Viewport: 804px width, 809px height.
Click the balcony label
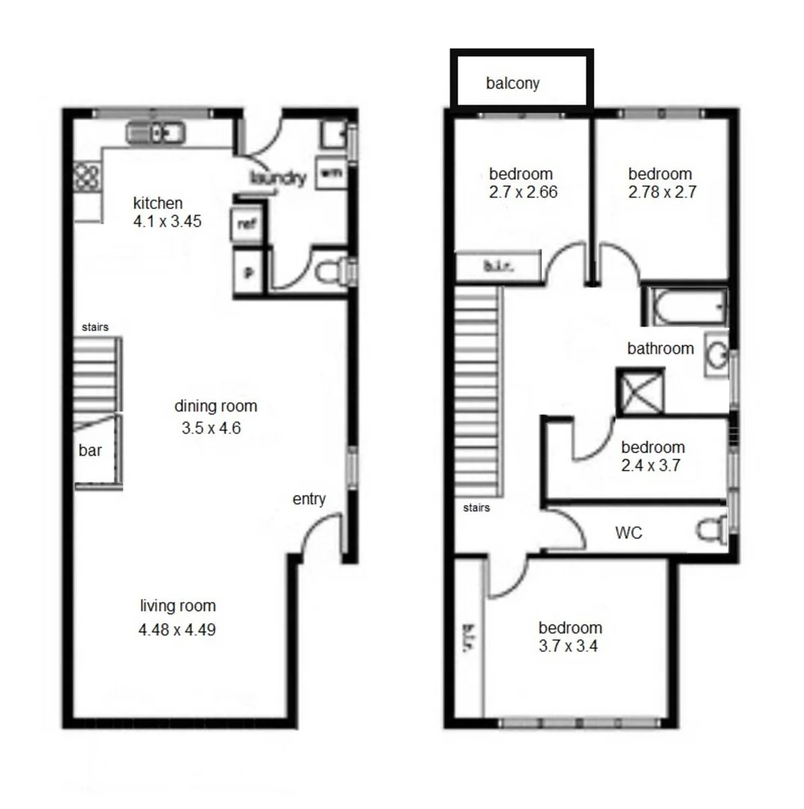pyautogui.click(x=512, y=83)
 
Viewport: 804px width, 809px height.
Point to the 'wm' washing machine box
pyautogui.click(x=330, y=173)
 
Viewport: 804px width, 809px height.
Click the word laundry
pyautogui.click(x=278, y=178)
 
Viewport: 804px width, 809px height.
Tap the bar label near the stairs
pyautogui.click(x=90, y=451)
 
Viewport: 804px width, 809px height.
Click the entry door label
pyautogui.click(x=309, y=499)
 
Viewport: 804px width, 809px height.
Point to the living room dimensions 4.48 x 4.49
pyautogui.click(x=177, y=630)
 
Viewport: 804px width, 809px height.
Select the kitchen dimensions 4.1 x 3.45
pyautogui.click(x=167, y=222)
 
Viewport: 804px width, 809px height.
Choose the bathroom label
pyautogui.click(x=660, y=348)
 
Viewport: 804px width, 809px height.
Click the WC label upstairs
pyautogui.click(x=629, y=533)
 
